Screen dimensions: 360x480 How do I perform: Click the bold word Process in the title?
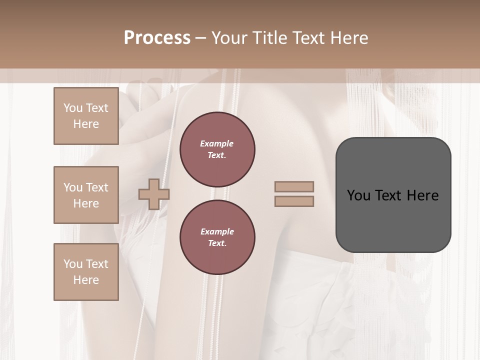tap(157, 38)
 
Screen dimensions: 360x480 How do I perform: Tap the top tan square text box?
tap(86, 116)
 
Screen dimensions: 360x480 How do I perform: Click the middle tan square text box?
tap(86, 195)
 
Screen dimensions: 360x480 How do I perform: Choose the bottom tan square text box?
tap(86, 272)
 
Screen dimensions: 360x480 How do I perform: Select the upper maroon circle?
tap(217, 149)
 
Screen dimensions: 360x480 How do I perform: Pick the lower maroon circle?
tap(217, 237)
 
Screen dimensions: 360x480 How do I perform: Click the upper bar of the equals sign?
tap(294, 187)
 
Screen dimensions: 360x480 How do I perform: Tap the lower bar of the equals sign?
tap(294, 201)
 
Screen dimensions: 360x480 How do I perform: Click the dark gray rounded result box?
tap(393, 220)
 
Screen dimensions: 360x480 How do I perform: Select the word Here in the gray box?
tap(422, 195)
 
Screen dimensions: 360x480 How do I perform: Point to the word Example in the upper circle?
tap(217, 143)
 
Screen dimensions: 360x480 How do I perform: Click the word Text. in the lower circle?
tap(217, 243)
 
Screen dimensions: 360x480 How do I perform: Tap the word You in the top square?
tap(73, 108)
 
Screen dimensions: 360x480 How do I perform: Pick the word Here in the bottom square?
tap(86, 280)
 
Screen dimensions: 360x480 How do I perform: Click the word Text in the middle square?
tap(97, 187)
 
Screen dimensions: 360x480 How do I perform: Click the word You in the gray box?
tap(358, 195)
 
